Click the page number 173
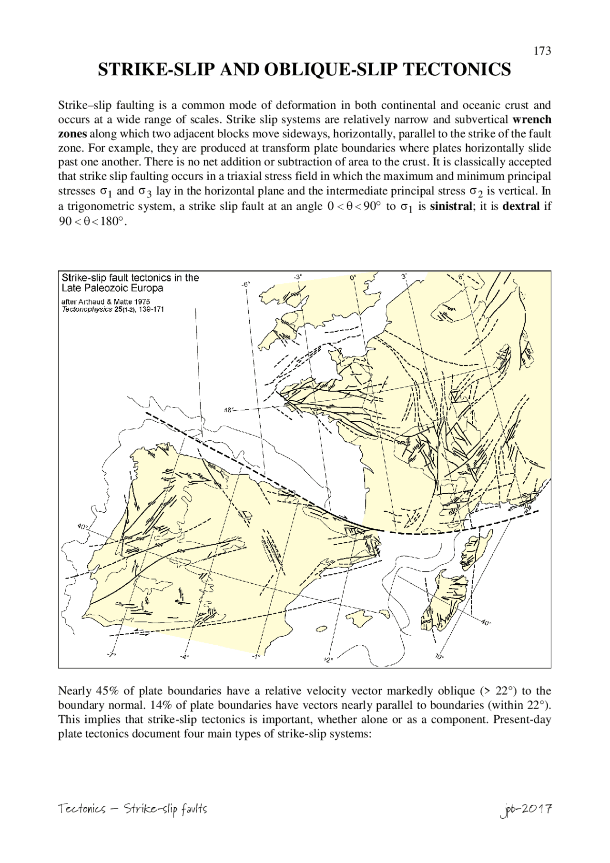click(x=542, y=51)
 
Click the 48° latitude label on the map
click(x=229, y=409)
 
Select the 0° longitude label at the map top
click(x=353, y=276)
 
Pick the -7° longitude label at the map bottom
click(x=111, y=655)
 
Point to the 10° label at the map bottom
click(x=439, y=656)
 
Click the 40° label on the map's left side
click(x=82, y=527)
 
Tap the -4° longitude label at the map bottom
click(x=185, y=658)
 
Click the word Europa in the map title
click(x=146, y=288)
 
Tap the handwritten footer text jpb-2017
click(x=526, y=808)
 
